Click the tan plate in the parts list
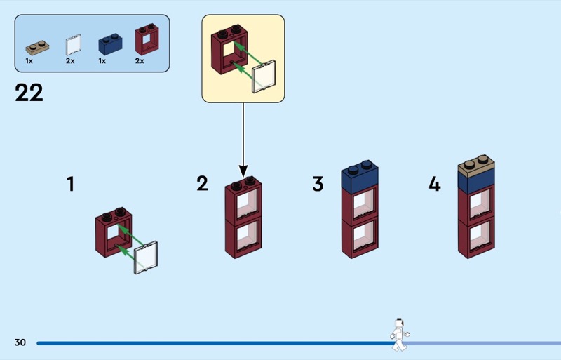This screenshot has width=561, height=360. (x=38, y=48)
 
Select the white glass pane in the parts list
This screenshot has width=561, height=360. (x=72, y=46)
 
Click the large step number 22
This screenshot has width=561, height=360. (x=29, y=93)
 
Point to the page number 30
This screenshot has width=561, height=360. (x=20, y=342)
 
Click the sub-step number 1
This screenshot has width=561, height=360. (x=70, y=185)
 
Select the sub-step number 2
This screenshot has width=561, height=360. (x=202, y=185)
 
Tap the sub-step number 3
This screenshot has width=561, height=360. (x=318, y=185)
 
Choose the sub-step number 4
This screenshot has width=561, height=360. (x=435, y=185)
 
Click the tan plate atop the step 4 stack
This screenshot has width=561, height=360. (x=476, y=166)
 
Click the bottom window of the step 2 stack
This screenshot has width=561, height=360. (x=243, y=237)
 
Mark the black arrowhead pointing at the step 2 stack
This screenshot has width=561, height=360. (x=243, y=171)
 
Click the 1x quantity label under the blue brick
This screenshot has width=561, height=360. (x=102, y=62)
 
